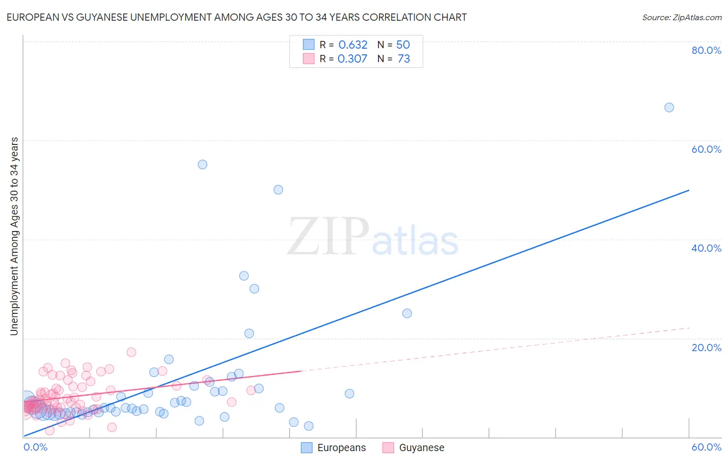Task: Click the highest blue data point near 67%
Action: click(x=669, y=107)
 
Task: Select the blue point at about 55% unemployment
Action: click(x=202, y=164)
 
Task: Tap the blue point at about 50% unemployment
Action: click(x=278, y=190)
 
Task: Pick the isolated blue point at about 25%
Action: click(x=407, y=313)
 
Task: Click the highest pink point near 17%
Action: click(x=132, y=352)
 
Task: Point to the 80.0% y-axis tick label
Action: click(x=706, y=50)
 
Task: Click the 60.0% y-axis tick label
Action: click(x=706, y=149)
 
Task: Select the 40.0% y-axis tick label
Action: click(x=706, y=248)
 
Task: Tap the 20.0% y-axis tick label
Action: click(x=706, y=347)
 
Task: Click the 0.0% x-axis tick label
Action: click(x=35, y=447)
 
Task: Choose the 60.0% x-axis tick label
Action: click(x=706, y=447)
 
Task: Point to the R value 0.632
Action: click(x=353, y=45)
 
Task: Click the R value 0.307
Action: click(x=352, y=59)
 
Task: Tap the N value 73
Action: click(x=404, y=59)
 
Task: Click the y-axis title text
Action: click(x=14, y=236)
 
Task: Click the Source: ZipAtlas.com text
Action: click(x=681, y=17)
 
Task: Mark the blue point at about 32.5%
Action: click(x=244, y=276)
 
